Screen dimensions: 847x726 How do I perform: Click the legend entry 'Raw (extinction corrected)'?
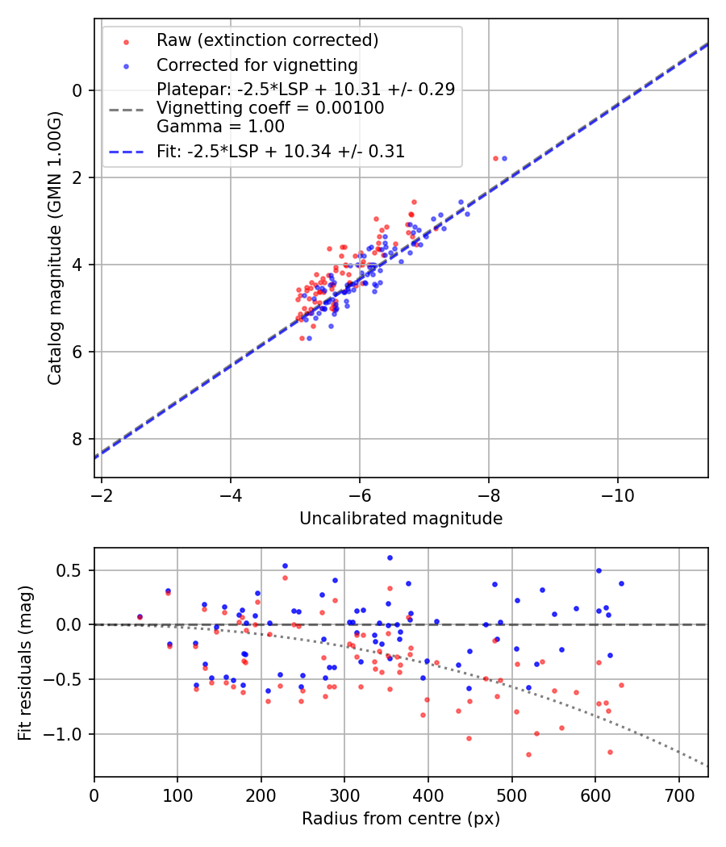[x=267, y=40]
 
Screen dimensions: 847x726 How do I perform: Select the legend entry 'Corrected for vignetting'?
[x=257, y=65]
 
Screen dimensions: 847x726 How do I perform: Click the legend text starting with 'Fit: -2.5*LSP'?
[x=280, y=151]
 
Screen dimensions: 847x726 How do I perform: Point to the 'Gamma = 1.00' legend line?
[x=220, y=126]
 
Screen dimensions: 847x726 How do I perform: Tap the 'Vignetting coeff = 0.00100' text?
[x=270, y=107]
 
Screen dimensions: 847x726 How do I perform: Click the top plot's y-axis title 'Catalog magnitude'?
[x=54, y=271]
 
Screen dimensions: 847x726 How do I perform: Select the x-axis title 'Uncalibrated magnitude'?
[x=401, y=519]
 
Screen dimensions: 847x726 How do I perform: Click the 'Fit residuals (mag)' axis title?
[x=25, y=662]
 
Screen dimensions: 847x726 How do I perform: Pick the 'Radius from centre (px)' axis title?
[x=401, y=819]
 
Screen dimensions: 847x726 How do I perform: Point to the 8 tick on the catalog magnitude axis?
[x=78, y=439]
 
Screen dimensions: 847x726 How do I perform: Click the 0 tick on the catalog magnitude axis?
[x=78, y=90]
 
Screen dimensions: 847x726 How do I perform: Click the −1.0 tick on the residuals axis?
[x=70, y=734]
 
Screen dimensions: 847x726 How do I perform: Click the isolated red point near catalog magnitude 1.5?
[x=495, y=158]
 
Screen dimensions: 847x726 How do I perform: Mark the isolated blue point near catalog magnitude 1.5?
[x=504, y=158]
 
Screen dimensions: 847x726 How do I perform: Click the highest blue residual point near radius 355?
[x=390, y=557]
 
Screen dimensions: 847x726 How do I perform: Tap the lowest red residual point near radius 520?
[x=528, y=754]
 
